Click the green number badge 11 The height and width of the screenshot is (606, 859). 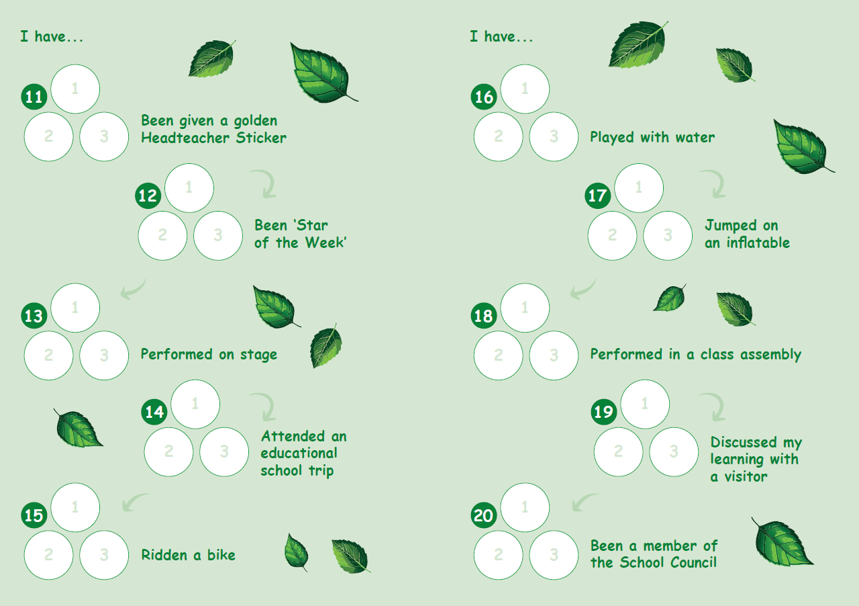(34, 97)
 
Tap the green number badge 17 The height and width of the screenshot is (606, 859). (597, 196)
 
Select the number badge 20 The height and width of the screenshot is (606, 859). (484, 515)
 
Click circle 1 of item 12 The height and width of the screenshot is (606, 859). (189, 188)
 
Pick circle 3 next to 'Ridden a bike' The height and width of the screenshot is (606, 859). (104, 555)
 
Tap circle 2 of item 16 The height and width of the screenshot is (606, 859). (498, 136)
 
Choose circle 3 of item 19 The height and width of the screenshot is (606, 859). (674, 451)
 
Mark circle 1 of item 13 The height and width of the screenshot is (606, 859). (75, 308)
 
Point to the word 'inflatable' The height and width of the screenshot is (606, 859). (758, 243)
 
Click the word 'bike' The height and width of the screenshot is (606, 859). (221, 555)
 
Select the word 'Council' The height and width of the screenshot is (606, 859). (693, 562)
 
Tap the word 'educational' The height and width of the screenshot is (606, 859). (299, 453)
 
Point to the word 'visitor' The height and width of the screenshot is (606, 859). (746, 476)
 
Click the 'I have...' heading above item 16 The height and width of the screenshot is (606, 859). (501, 37)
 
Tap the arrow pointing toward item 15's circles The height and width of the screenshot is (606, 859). (134, 502)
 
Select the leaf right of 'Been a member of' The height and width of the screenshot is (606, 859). (782, 542)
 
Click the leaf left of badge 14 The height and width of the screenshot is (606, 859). (78, 428)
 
